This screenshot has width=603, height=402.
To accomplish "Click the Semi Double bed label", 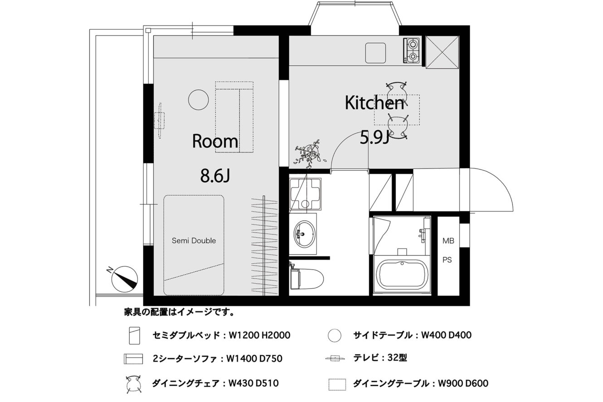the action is [x=194, y=240].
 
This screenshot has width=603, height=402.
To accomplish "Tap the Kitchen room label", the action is [x=374, y=103].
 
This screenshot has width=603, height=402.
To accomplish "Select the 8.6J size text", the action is [x=215, y=176].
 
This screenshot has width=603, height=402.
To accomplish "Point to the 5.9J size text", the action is [x=374, y=138].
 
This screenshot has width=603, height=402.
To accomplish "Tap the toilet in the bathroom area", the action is [x=306, y=279].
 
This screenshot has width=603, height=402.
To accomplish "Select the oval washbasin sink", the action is [x=305, y=233].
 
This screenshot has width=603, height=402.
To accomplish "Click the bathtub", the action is [x=402, y=275].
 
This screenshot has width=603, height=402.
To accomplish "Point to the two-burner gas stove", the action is [x=412, y=50].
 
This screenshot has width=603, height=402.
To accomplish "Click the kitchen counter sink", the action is [x=375, y=53].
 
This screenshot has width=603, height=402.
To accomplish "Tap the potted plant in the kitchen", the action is [x=309, y=154].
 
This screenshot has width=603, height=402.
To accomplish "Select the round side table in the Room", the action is [x=199, y=100].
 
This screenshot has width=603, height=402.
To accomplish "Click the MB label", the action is [x=448, y=240].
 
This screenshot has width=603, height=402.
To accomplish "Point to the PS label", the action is [x=447, y=260].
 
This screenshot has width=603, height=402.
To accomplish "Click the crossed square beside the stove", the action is [x=443, y=52].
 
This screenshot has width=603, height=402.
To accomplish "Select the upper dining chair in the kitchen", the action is [x=397, y=91].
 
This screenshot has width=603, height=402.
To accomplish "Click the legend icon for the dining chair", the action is [x=133, y=383].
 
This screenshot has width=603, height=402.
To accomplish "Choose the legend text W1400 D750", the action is [x=254, y=358].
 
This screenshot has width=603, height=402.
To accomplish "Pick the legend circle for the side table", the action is [x=335, y=335].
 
